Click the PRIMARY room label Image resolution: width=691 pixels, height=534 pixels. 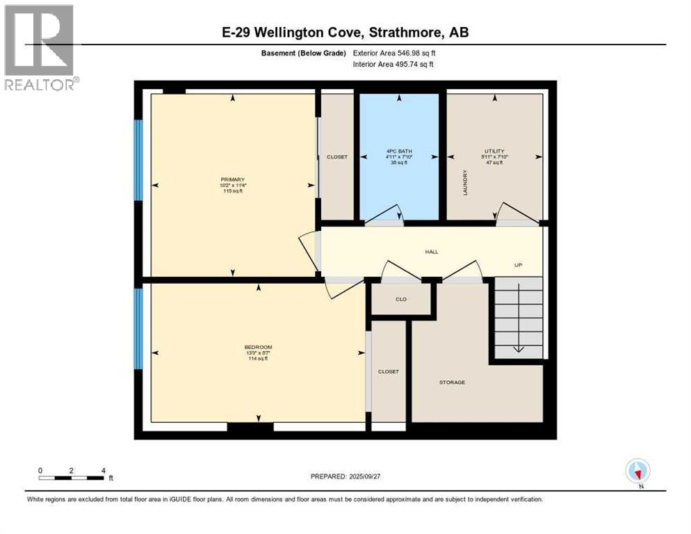(232, 179)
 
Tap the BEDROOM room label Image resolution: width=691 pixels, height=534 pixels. (257, 347)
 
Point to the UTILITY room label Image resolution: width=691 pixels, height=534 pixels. (494, 151)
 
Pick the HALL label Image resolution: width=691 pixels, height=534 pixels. (432, 252)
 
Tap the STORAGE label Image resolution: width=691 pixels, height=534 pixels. (451, 382)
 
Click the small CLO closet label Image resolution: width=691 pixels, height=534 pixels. (400, 299)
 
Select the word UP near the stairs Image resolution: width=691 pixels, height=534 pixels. (518, 265)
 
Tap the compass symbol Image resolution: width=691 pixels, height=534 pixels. (637, 471)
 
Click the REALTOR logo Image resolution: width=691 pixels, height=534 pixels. (40, 47)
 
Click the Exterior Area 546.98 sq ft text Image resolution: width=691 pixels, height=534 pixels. (394, 53)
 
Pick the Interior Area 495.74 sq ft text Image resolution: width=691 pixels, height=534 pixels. (394, 65)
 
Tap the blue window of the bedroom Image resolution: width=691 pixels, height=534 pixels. (138, 328)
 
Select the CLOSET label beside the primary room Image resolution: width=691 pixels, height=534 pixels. (337, 157)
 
